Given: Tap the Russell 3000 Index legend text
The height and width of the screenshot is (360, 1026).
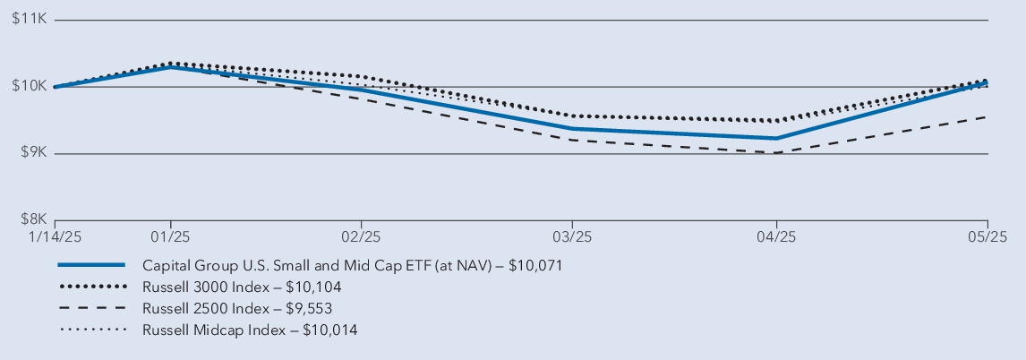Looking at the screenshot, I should (x=243, y=287).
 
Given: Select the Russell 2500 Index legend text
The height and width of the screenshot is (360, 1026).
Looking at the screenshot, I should (x=239, y=309).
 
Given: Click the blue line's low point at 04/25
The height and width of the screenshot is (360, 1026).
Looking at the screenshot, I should (x=776, y=138).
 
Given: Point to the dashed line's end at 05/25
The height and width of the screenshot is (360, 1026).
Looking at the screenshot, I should (x=988, y=116).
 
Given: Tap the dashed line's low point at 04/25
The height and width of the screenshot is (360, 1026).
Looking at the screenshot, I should (x=776, y=153).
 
